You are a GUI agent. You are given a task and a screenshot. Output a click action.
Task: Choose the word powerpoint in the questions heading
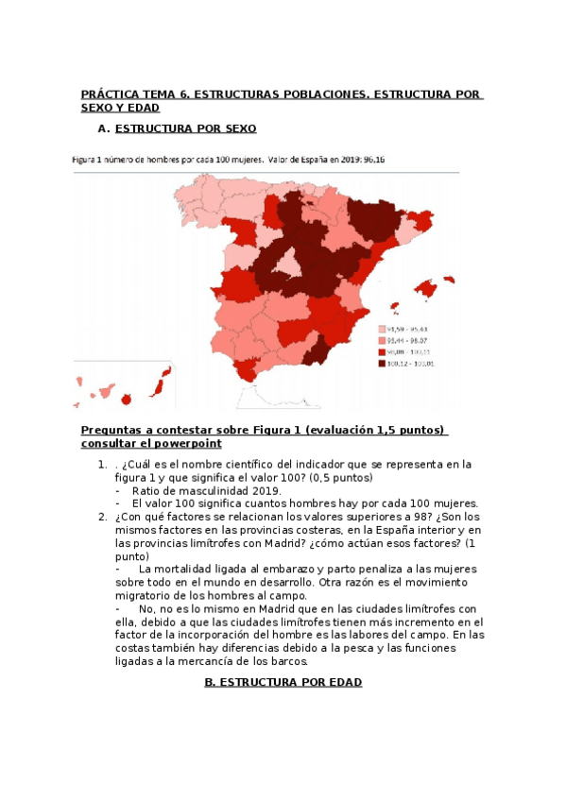190,443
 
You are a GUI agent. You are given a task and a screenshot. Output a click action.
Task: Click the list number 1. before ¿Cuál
102,465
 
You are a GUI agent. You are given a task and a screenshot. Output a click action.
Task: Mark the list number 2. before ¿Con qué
102,517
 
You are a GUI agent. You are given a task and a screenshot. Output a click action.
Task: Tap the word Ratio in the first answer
146,490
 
